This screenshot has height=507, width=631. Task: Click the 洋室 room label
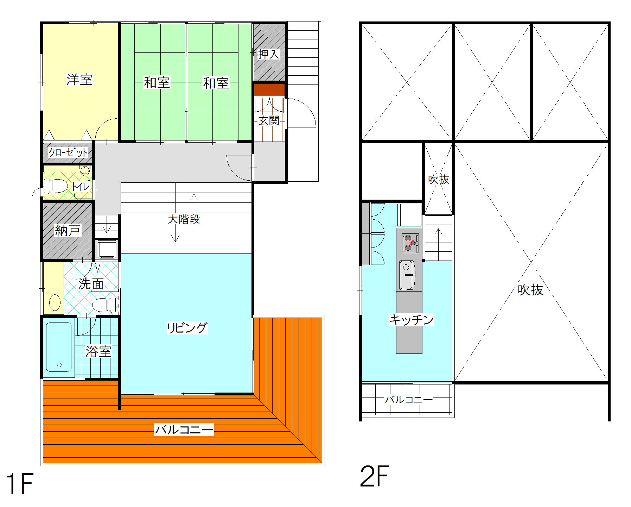click(x=79, y=80)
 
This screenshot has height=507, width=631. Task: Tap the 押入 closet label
click(x=269, y=54)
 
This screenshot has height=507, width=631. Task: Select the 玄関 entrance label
click(x=269, y=120)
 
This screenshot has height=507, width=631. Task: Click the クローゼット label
click(x=68, y=152)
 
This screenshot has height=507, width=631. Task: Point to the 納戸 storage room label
click(x=68, y=231)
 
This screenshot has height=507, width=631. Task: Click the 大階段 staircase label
click(x=184, y=219)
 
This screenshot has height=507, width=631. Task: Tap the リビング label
click(x=187, y=327)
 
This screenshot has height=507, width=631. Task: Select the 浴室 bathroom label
click(x=98, y=351)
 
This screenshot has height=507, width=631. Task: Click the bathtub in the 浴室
click(x=59, y=347)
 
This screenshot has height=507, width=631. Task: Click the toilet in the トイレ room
click(x=56, y=186)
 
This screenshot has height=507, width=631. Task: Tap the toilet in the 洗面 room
click(x=104, y=305)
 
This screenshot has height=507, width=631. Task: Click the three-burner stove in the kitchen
click(x=410, y=243)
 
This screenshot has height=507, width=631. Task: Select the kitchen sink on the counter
click(x=407, y=275)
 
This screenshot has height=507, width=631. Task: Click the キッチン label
click(x=411, y=319)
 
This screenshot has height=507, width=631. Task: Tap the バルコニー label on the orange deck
click(x=184, y=430)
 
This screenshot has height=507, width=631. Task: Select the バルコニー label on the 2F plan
click(x=409, y=400)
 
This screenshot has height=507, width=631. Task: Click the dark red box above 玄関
click(x=269, y=89)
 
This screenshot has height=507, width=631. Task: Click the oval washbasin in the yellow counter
click(x=55, y=302)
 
